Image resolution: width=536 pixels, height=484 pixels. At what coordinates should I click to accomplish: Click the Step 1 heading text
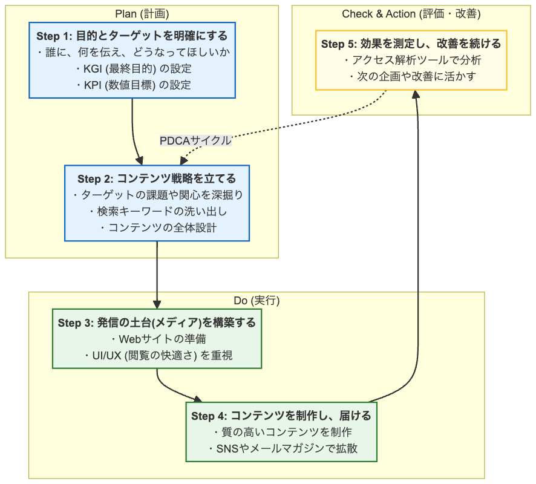(132, 36)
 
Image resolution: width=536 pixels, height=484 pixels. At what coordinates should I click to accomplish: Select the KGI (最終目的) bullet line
(132, 69)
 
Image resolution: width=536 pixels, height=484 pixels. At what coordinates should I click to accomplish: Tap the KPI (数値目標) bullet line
(132, 85)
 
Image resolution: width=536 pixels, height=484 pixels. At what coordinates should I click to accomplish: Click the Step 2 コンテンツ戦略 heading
(157, 179)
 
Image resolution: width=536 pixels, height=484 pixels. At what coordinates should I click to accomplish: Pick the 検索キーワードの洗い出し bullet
(157, 211)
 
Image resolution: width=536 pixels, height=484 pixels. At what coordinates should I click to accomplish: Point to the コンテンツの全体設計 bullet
(157, 227)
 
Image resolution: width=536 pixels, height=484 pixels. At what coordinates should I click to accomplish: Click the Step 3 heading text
(157, 322)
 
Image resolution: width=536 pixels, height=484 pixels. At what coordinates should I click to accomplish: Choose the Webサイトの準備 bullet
(157, 339)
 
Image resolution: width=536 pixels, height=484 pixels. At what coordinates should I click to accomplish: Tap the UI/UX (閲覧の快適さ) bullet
(157, 355)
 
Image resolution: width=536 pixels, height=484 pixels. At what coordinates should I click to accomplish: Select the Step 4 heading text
(281, 416)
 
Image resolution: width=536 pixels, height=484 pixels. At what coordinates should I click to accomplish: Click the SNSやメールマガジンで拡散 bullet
(281, 449)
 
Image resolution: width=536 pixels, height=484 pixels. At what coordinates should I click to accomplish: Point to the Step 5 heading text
(411, 44)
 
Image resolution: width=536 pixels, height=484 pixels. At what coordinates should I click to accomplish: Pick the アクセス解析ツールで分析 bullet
(411, 60)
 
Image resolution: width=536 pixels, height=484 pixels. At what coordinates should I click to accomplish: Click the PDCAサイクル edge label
(195, 141)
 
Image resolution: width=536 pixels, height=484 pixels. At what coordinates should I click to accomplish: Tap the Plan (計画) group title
(142, 14)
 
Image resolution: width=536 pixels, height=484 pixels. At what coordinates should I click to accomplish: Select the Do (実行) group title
(257, 301)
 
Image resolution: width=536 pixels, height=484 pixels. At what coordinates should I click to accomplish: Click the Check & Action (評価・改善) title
(411, 14)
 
